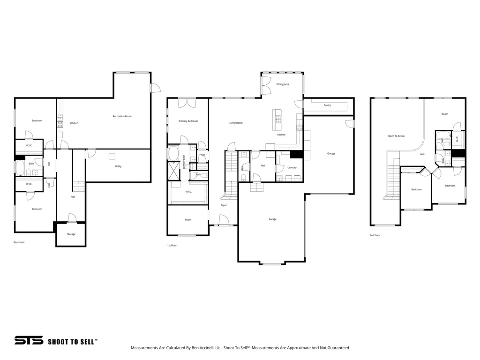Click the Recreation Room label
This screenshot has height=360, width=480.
pos(122,116)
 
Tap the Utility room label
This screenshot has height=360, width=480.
pos(119,166)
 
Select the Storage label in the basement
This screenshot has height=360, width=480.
pos(71,234)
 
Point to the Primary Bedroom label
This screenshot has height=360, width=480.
pos(188,121)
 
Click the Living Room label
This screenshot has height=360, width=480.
pos(236,123)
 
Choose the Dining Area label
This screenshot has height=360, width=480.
pos(283,84)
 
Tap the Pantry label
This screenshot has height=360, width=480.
pos(327,105)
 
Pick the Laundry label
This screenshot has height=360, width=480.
pos(292,167)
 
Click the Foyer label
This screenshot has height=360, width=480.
pos(224,205)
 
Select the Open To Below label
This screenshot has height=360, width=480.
pos(396,136)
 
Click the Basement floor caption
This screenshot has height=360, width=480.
pos(19,242)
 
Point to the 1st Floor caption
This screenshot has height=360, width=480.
pos(172,245)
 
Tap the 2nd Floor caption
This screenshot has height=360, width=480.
pos(375,235)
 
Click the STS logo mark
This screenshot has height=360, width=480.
pos(29,341)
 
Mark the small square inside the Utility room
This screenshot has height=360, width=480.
pos(112,157)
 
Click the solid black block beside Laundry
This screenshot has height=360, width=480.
pos(296,155)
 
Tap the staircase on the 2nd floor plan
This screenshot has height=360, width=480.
pos(393,183)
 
